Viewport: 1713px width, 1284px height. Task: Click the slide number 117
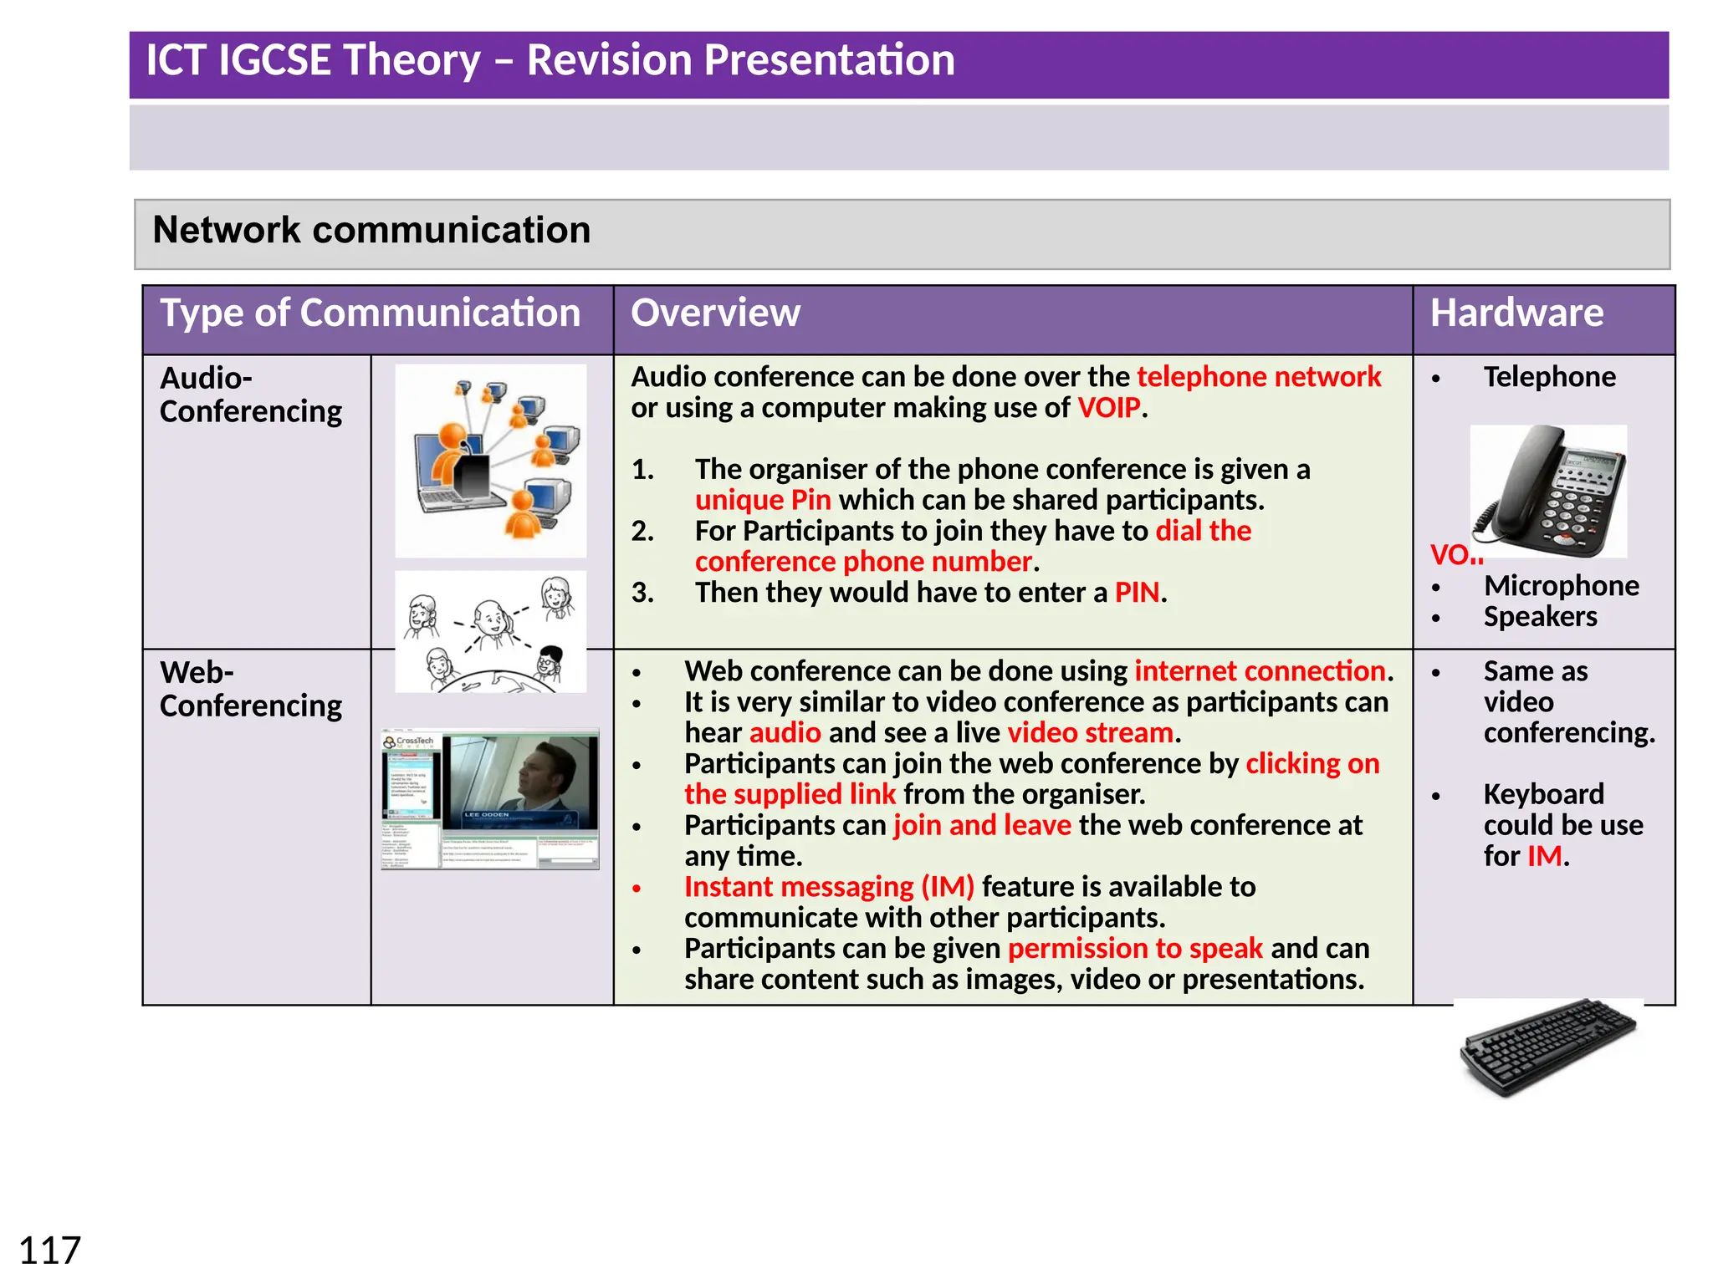(49, 1251)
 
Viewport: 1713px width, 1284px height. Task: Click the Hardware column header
(1516, 313)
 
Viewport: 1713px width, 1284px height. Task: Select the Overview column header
(715, 313)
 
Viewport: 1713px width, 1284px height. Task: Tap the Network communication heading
(371, 230)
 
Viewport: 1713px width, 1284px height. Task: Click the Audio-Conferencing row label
(250, 395)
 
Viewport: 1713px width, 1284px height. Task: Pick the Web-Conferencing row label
(250, 689)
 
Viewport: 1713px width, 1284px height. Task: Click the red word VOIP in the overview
(1109, 408)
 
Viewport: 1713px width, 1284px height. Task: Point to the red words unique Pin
(763, 500)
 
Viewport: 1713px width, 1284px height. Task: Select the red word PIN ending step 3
(1137, 593)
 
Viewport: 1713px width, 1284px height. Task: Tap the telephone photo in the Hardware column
(1549, 492)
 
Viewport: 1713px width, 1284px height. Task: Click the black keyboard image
(1547, 1047)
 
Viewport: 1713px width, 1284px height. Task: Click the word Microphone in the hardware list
(1561, 586)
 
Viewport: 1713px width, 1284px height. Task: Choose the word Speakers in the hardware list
(1540, 617)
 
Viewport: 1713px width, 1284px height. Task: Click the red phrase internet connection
(1260, 671)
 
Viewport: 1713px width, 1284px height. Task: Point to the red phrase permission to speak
(1135, 949)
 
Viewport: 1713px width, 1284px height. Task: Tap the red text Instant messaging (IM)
(829, 887)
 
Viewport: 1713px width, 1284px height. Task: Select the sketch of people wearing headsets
(491, 632)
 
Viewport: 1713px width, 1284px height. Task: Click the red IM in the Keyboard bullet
(1544, 856)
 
